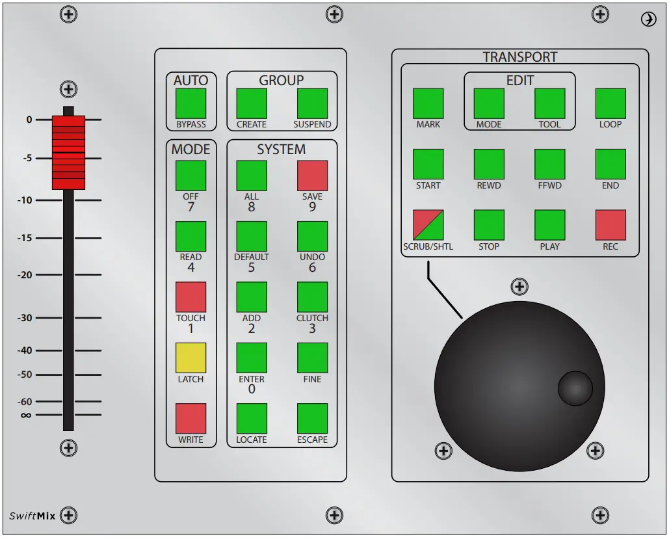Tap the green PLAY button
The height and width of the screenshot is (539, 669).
tap(549, 225)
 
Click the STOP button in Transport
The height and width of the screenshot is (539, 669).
tap(489, 225)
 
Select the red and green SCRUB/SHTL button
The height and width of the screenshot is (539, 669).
tap(428, 225)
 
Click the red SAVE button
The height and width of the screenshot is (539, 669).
tap(312, 176)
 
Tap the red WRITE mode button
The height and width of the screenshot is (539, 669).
tap(190, 419)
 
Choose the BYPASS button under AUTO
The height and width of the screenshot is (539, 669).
tap(190, 103)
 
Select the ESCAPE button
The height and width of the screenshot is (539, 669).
tap(312, 419)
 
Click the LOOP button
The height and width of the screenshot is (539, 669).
tap(610, 103)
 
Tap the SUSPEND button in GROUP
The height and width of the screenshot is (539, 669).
tap(312, 103)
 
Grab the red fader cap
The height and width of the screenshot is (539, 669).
tap(68, 153)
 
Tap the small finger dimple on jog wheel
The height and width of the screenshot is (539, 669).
tap(575, 388)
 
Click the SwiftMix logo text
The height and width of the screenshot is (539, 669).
tap(33, 516)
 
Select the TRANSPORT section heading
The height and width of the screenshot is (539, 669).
tap(520, 57)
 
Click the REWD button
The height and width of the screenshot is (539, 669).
tap(489, 164)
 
